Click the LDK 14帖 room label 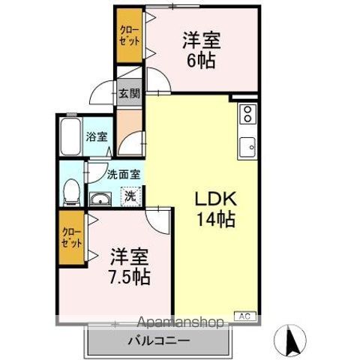pyautogui.click(x=217, y=210)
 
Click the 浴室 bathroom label pyautogui.click(x=96, y=137)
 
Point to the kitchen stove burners pyautogui.click(x=247, y=115)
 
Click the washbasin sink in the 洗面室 pyautogui.click(x=100, y=199)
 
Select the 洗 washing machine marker pyautogui.click(x=130, y=197)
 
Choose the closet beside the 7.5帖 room pyautogui.click(x=72, y=237)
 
